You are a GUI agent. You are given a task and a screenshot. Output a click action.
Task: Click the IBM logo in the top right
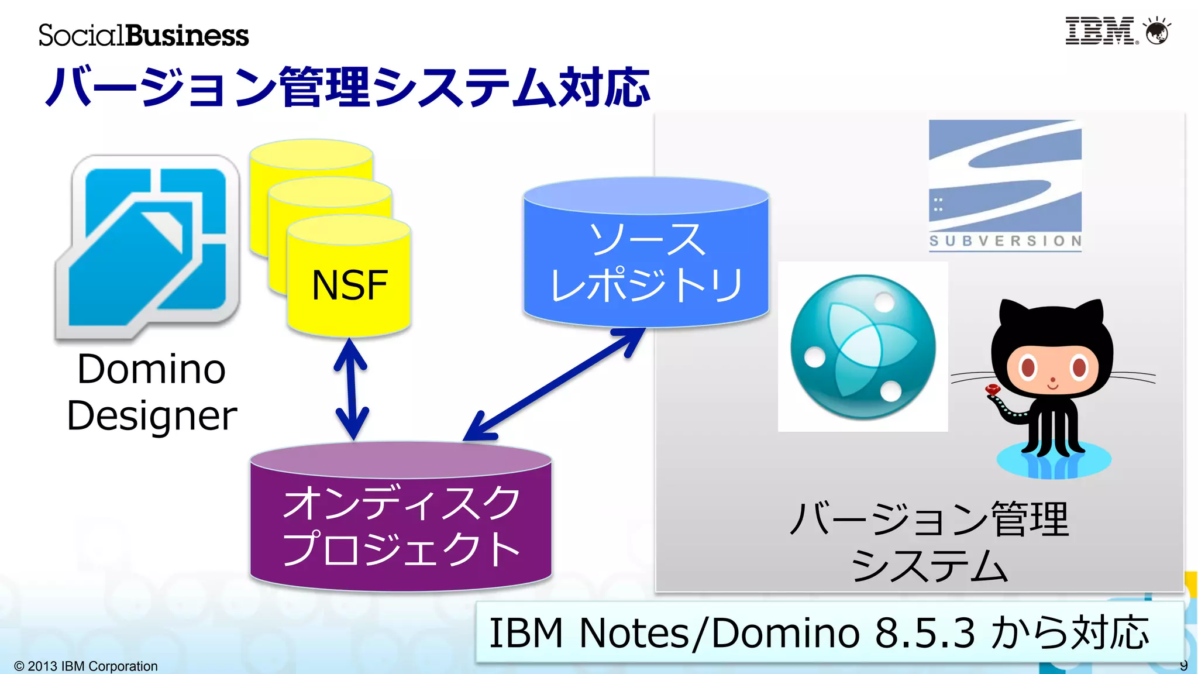pyautogui.click(x=1100, y=31)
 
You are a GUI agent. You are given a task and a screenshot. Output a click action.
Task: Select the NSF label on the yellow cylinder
pyautogui.click(x=349, y=286)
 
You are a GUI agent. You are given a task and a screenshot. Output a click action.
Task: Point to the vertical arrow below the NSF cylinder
pyautogui.click(x=351, y=389)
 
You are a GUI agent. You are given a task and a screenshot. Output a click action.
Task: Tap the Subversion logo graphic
pyautogui.click(x=1005, y=176)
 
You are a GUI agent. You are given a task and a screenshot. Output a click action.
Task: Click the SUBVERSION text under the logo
pyautogui.click(x=1005, y=241)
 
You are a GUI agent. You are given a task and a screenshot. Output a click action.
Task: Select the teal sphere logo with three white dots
pyautogui.click(x=863, y=347)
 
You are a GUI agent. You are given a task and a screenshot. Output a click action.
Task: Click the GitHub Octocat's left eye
pyautogui.click(x=1028, y=367)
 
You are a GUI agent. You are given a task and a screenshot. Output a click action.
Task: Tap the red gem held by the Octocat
pyautogui.click(x=993, y=389)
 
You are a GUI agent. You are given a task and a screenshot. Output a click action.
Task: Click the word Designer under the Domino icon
pyautogui.click(x=152, y=417)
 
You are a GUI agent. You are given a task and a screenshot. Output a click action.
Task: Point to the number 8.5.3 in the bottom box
pyautogui.click(x=925, y=633)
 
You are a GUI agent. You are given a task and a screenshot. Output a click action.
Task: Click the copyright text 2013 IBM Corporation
pyautogui.click(x=86, y=666)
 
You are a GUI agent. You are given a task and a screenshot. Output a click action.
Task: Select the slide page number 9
pyautogui.click(x=1183, y=665)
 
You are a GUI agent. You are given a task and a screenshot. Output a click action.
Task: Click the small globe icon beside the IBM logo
pyautogui.click(x=1156, y=32)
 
